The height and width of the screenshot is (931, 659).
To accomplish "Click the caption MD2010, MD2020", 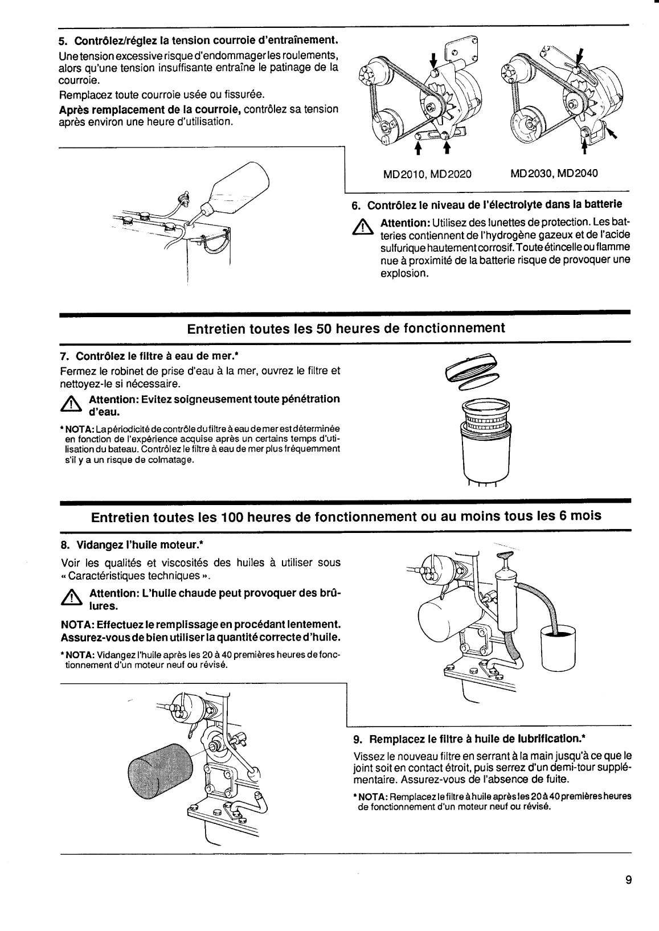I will (427, 173).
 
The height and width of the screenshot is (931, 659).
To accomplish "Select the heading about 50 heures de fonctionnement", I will (346, 329).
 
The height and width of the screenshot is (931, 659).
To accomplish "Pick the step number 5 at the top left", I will (63, 41).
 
